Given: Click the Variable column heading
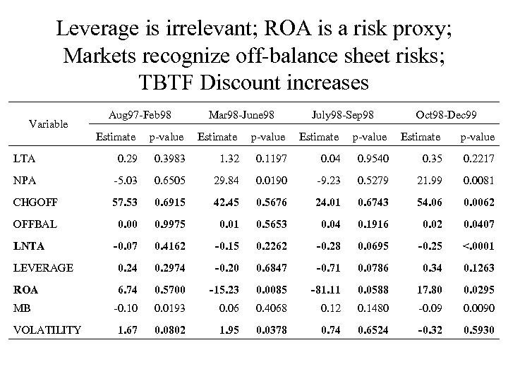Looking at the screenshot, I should click(48, 124).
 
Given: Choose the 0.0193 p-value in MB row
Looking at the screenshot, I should click(169, 308).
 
